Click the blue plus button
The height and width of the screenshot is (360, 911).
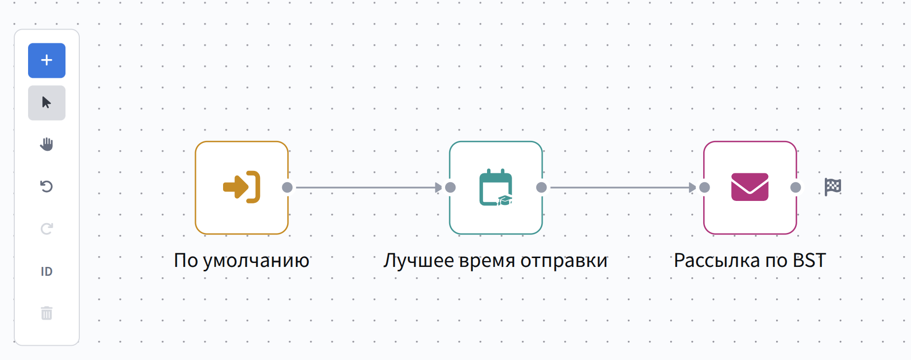47,61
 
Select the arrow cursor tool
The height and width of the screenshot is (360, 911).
47,103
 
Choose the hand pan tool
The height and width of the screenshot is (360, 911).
47,144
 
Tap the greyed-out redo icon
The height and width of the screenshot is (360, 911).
47,229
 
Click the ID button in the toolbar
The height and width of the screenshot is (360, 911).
47,271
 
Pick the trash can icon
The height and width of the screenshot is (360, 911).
47,313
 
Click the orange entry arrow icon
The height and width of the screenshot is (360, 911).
241,187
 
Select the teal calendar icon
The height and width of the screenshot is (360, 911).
496,187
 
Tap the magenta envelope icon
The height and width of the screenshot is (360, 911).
749,187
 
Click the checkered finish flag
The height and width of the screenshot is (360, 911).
833,187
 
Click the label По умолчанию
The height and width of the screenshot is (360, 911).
241,261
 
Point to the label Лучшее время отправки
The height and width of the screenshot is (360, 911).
495,261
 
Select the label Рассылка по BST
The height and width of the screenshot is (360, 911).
749,261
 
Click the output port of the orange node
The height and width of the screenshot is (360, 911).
288,187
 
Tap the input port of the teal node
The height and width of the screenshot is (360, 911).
450,187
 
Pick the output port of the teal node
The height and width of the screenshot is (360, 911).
542,187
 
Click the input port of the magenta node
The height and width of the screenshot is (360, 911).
705,187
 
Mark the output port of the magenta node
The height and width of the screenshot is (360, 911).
796,187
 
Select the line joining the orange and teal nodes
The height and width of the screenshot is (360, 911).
364,187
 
